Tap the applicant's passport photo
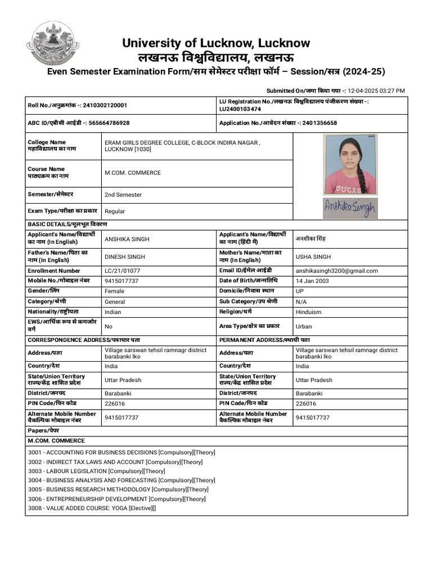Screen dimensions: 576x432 (350, 165)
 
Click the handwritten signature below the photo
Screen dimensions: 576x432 (350, 208)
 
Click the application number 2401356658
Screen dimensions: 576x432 (319, 123)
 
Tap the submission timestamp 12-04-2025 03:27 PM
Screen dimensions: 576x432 (376, 91)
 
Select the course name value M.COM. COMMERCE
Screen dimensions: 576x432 (133, 173)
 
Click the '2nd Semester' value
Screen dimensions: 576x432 (123, 195)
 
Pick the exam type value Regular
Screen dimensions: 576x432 (115, 211)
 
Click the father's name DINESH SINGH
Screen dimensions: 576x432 (125, 256)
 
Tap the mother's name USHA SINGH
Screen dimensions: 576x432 (313, 256)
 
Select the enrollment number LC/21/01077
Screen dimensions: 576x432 (122, 271)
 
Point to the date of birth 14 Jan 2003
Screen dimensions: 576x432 (312, 281)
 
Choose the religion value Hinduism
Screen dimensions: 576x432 (309, 312)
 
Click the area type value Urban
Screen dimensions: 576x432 (304, 326)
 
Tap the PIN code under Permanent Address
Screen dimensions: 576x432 (306, 403)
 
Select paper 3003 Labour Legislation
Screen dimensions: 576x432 (97, 471)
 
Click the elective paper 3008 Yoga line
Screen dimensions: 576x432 (92, 508)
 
